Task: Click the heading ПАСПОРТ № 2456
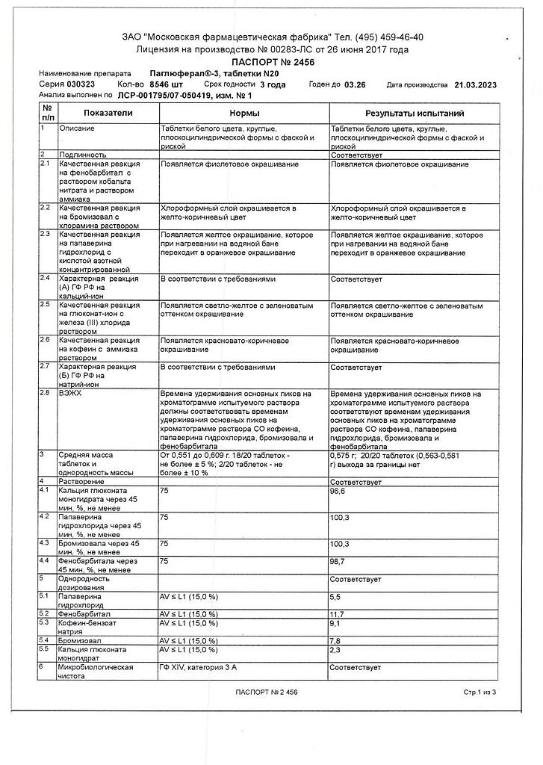[273, 61]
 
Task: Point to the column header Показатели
[108, 113]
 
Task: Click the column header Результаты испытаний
[415, 113]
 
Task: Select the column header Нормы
[245, 113]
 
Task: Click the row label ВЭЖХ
[71, 392]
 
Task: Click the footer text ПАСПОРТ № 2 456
[270, 693]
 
